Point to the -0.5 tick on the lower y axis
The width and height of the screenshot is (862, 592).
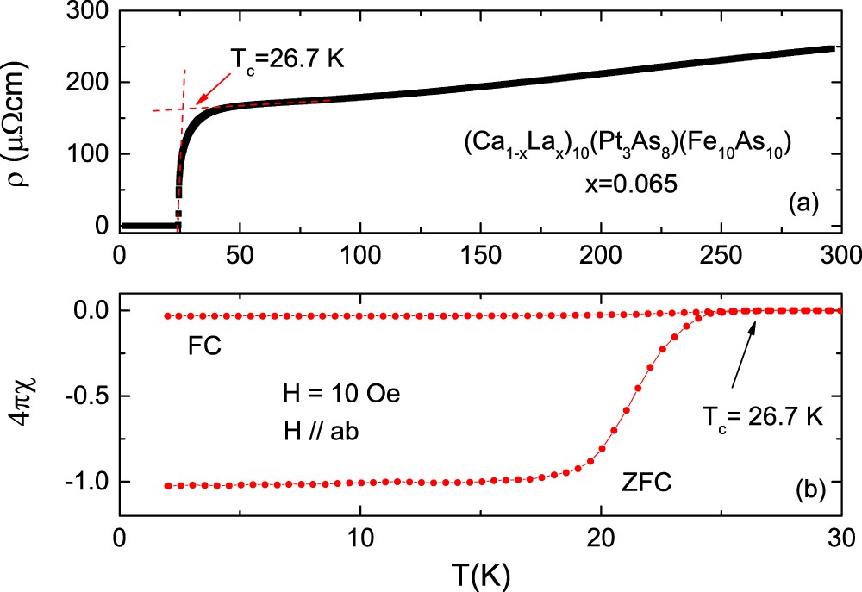tap(86, 396)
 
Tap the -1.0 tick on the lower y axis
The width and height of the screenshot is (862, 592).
tap(86, 482)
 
